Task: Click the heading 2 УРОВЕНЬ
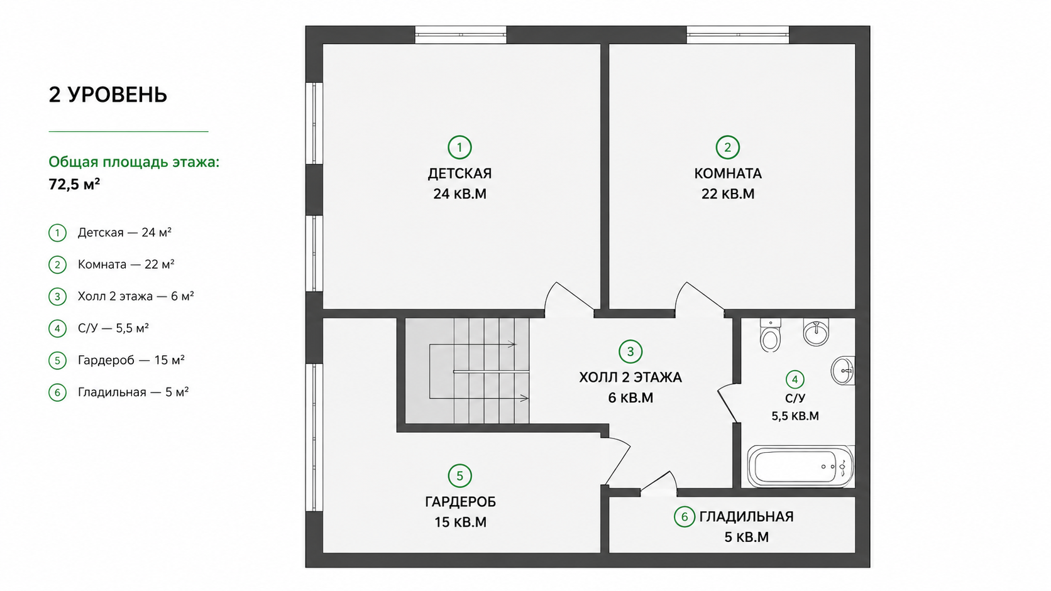[x=108, y=95]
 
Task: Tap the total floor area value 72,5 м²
[x=74, y=184]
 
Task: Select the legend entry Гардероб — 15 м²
[x=131, y=360]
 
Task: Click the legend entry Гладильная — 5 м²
[x=133, y=392]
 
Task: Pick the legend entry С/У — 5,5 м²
[x=113, y=328]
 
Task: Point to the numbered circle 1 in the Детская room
[x=459, y=147]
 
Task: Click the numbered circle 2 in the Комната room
[x=727, y=147]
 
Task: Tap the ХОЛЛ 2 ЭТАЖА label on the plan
[x=630, y=377]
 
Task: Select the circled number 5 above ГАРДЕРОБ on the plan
[x=459, y=475]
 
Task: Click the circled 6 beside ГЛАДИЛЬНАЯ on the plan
[x=684, y=516]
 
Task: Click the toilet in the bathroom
[x=770, y=335]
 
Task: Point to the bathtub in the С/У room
[x=800, y=467]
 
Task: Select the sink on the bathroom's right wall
[x=843, y=371]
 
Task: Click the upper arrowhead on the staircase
[x=512, y=344]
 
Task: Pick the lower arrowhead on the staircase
[x=524, y=398]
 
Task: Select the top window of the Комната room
[x=737, y=35]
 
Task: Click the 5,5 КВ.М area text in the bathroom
[x=795, y=416]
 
